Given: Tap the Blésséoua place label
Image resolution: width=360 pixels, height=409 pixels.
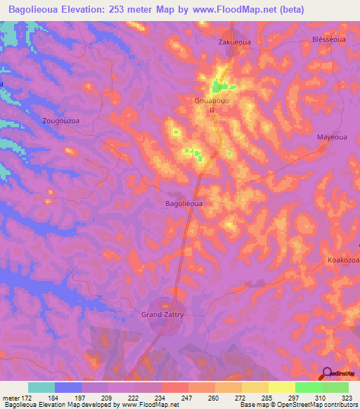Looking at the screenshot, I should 328,40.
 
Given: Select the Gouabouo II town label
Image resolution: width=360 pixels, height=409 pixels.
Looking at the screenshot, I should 212,105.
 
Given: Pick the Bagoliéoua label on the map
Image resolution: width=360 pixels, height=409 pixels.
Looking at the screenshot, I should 184,203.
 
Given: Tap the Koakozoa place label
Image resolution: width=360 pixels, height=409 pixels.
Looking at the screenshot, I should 343,261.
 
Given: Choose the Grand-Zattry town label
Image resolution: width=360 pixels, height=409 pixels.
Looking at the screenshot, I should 162,315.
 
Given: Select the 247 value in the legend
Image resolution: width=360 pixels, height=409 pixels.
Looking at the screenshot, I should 188,397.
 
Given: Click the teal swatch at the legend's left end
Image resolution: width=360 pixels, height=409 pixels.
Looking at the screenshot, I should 41,387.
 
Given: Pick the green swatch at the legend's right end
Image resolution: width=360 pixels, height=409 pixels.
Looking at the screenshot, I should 335,387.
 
